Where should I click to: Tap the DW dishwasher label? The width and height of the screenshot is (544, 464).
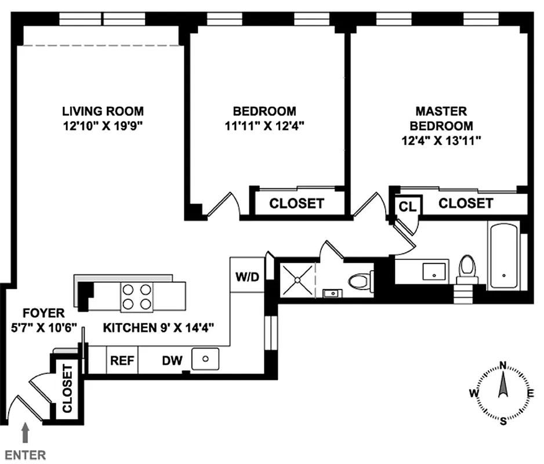(x=172, y=361)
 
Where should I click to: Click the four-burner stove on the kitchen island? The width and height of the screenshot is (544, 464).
(x=136, y=296)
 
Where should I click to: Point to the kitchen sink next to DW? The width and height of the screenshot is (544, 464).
(x=205, y=359)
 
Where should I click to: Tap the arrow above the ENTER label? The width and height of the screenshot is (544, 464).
(x=24, y=432)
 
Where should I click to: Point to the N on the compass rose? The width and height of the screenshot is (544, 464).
(x=503, y=365)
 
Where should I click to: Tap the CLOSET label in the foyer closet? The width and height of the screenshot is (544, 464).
(x=67, y=388)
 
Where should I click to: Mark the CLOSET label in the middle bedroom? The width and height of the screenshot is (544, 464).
(x=296, y=204)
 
